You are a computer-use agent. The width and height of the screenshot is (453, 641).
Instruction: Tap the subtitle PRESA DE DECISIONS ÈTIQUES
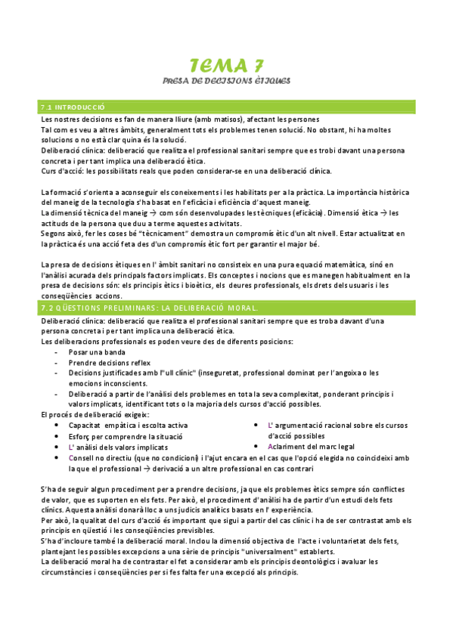[x=227, y=79]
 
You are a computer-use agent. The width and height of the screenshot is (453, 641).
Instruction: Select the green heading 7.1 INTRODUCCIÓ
[x=73, y=108]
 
